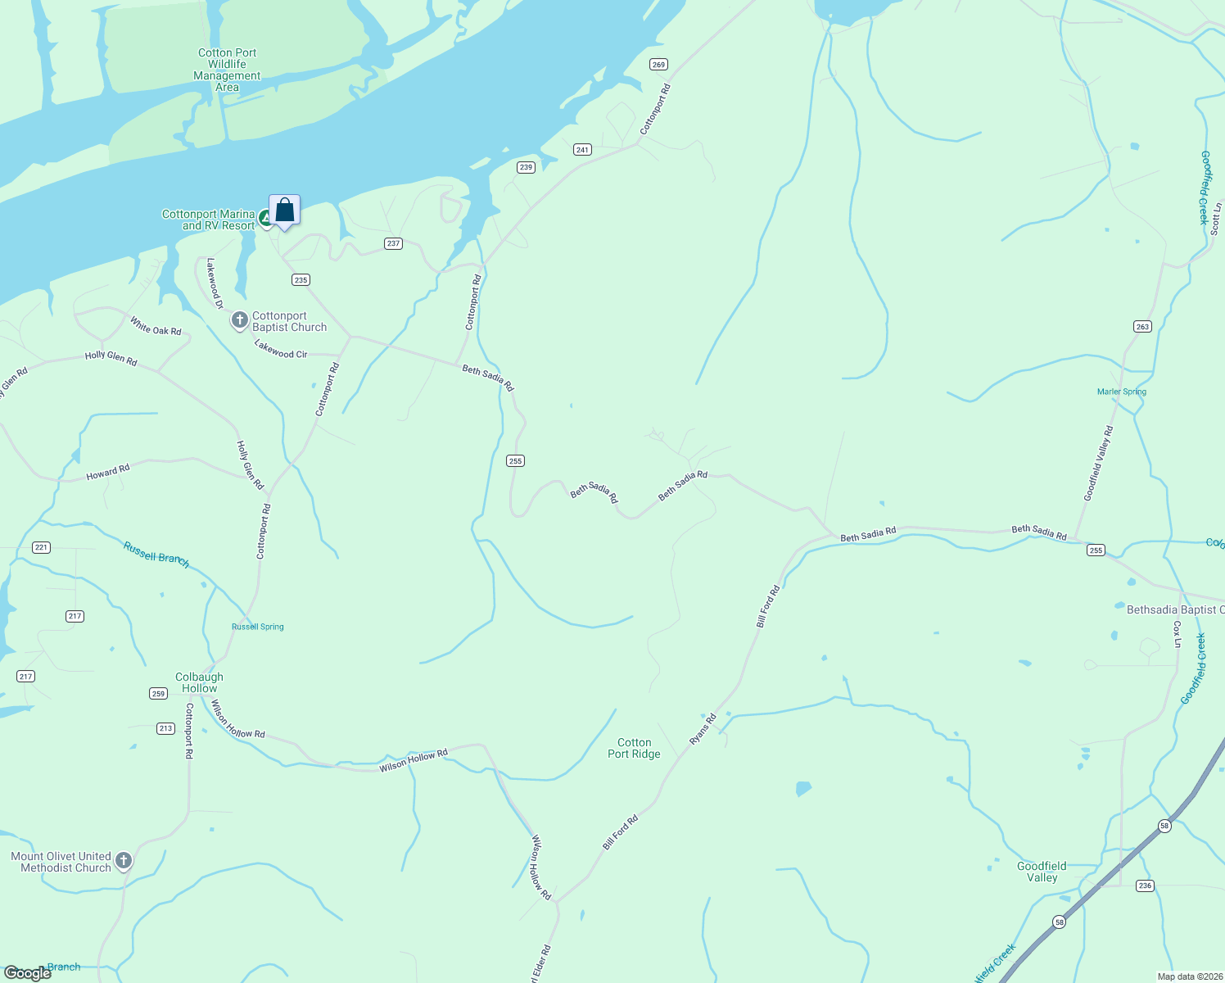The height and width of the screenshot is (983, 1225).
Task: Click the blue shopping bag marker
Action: pos(284,211)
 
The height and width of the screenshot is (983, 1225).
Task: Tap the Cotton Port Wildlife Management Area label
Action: pos(227,70)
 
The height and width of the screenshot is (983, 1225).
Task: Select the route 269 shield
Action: pos(659,64)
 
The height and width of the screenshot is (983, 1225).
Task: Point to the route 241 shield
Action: pos(582,149)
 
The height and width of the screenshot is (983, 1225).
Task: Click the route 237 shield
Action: pos(394,243)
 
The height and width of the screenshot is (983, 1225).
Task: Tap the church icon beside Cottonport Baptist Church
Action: pos(239,320)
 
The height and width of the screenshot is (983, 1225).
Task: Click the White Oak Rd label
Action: pos(156,326)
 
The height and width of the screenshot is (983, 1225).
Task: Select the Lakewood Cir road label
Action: pos(281,349)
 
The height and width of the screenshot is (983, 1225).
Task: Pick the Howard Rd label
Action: pos(108,473)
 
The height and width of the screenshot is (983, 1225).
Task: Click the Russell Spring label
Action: pos(258,627)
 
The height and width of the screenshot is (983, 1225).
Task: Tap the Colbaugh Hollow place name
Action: pos(199,682)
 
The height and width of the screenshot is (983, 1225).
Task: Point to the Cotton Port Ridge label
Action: pos(634,748)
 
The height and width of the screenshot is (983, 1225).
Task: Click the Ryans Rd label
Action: pos(703,729)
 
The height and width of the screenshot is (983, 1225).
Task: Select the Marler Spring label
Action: pos(1122,392)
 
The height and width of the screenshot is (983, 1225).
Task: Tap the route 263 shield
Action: pos(1142,326)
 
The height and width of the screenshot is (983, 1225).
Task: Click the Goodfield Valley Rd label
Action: pos(1098,463)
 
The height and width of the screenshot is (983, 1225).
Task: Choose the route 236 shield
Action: pos(1145,886)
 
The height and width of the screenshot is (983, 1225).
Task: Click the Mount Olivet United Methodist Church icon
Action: pos(124,860)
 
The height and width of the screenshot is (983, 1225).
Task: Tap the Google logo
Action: pos(28,973)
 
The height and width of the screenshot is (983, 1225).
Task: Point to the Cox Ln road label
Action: pos(1178,634)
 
